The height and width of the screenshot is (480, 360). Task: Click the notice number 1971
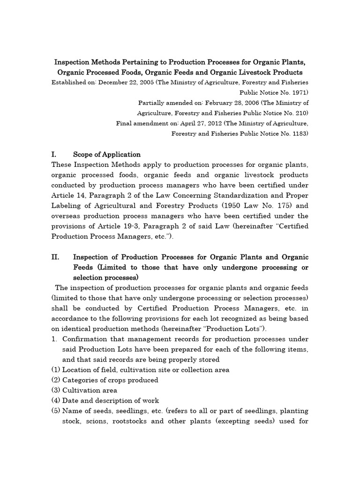click(298, 92)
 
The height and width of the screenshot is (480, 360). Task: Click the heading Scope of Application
click(107, 154)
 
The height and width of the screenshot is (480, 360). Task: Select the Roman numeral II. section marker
click(55, 257)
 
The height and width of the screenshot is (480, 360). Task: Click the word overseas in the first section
click(68, 216)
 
